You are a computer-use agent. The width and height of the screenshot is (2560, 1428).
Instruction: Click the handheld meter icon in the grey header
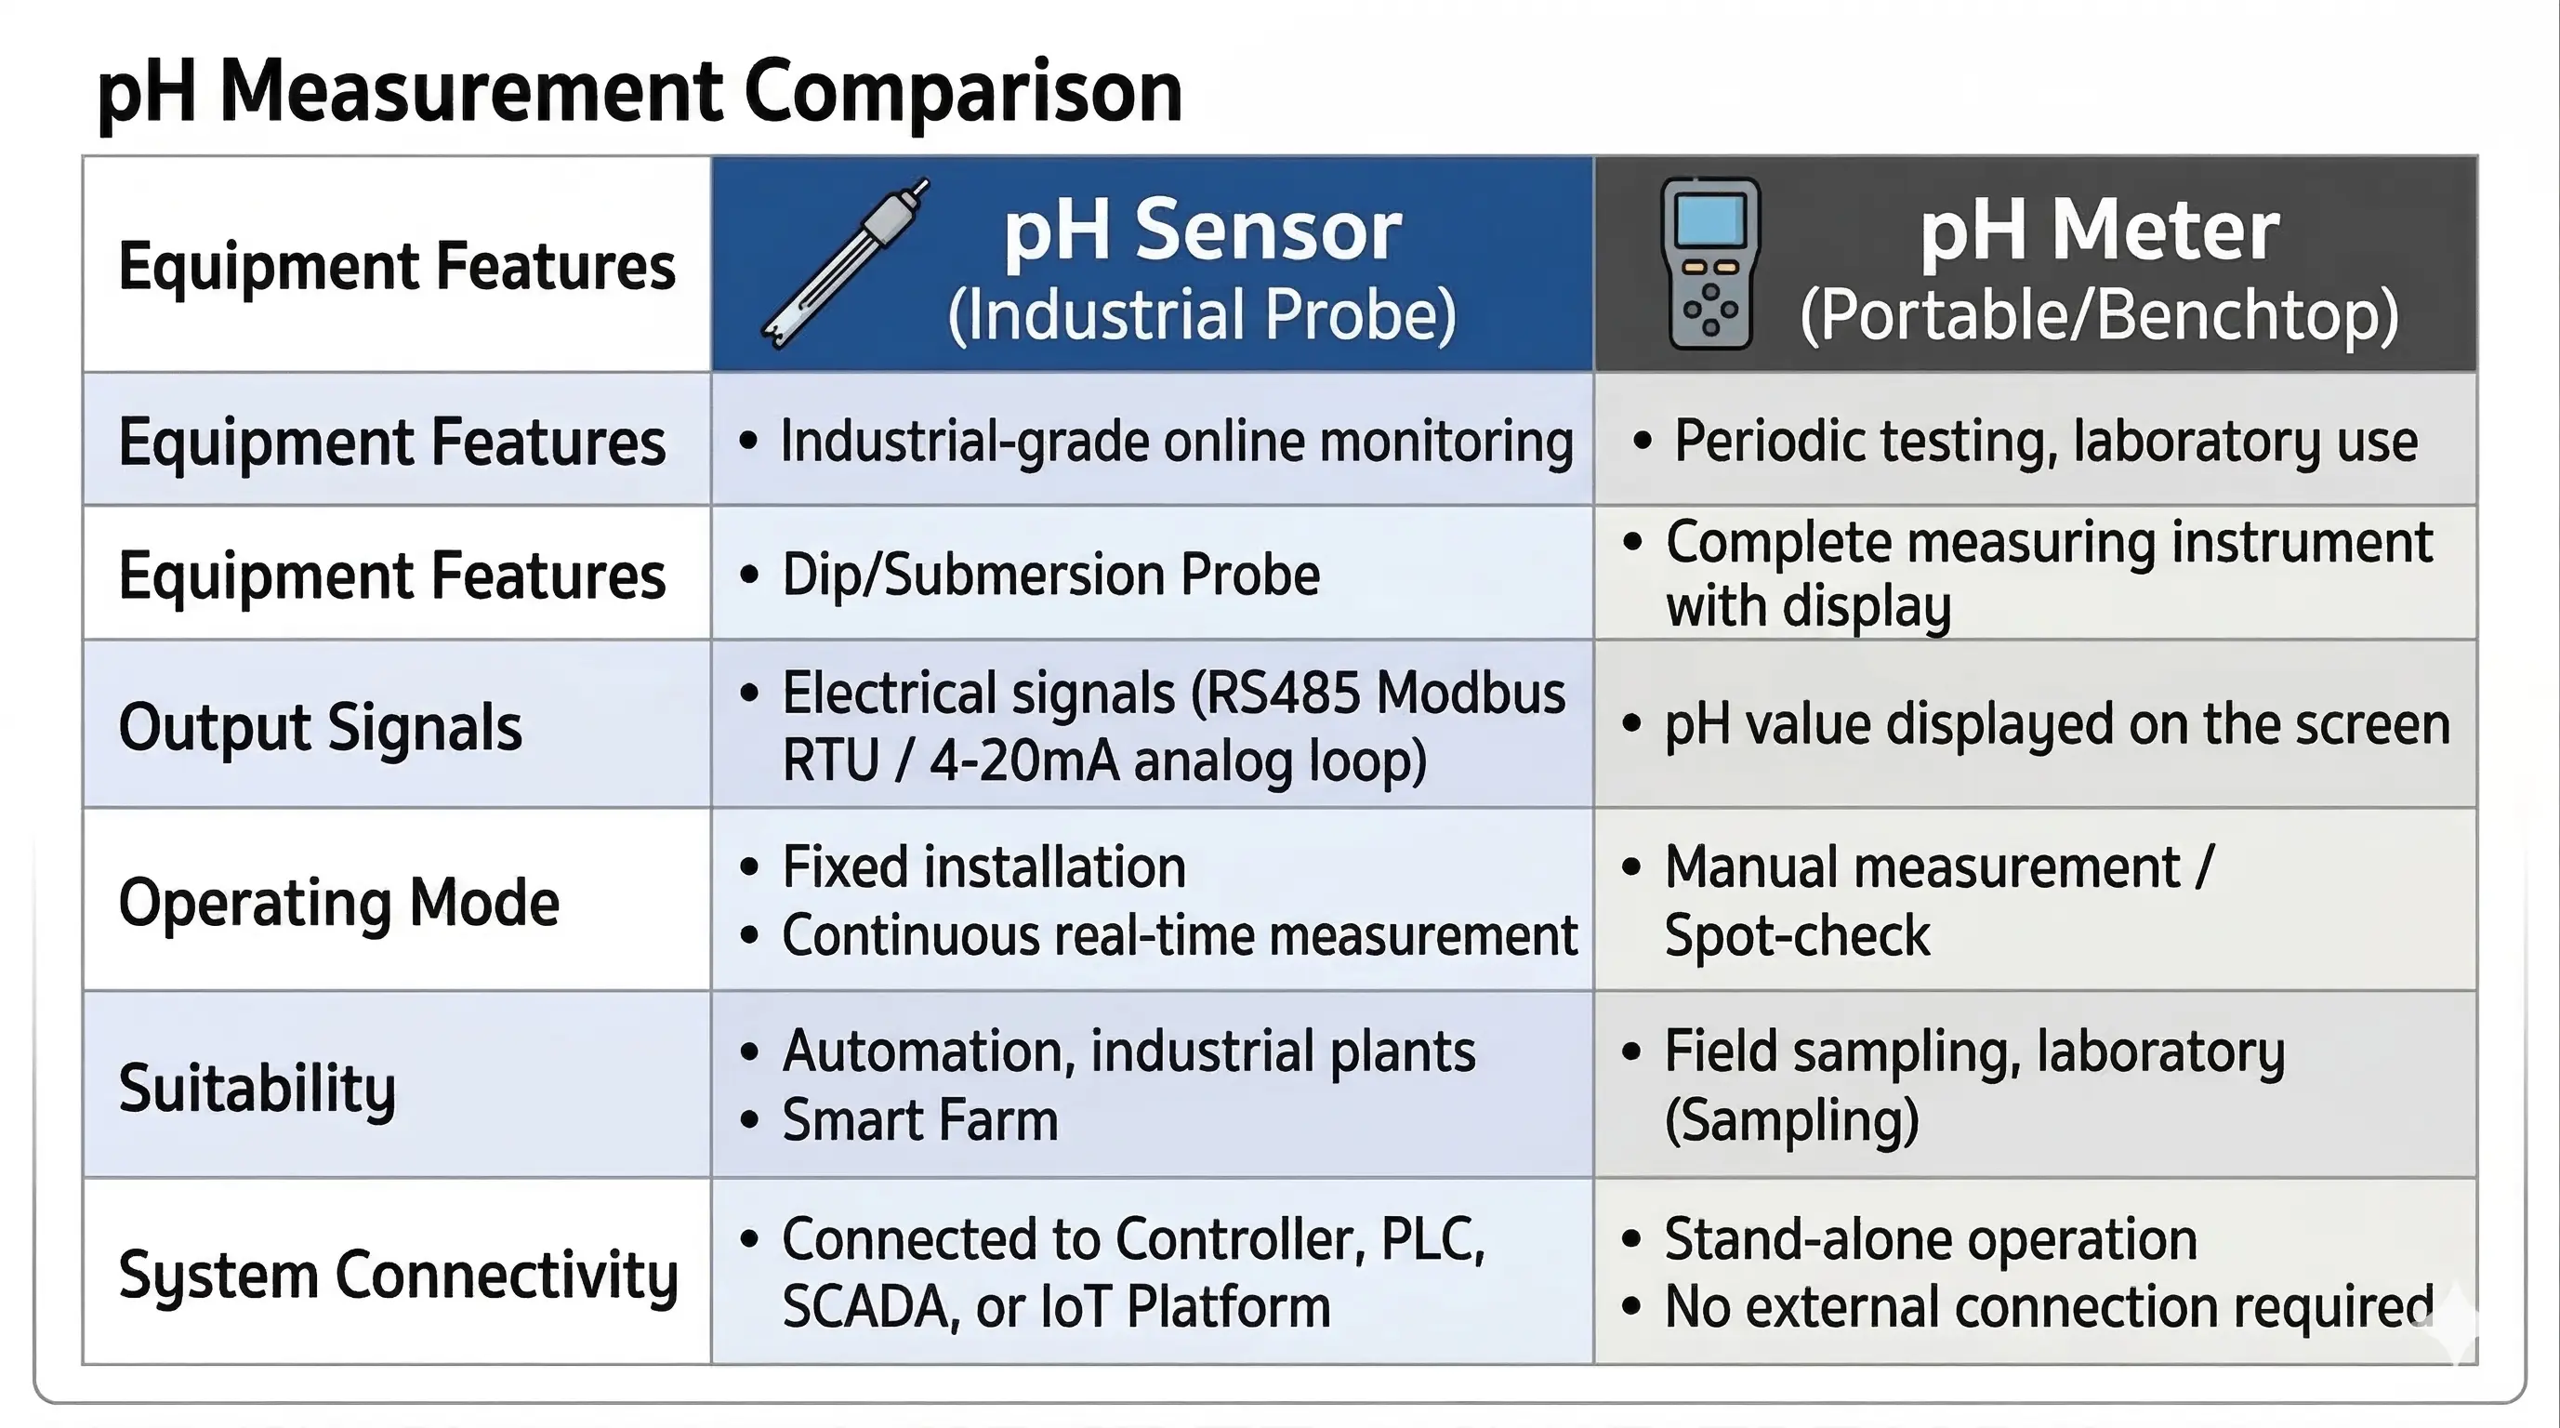1710,263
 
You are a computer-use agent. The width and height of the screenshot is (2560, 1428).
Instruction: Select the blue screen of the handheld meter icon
1710,219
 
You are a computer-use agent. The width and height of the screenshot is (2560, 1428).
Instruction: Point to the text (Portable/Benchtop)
2099,315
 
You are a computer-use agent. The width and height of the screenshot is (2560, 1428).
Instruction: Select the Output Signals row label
320,727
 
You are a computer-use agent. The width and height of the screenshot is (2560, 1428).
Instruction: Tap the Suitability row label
257,1087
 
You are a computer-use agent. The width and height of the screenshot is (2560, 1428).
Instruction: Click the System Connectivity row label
399,1275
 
